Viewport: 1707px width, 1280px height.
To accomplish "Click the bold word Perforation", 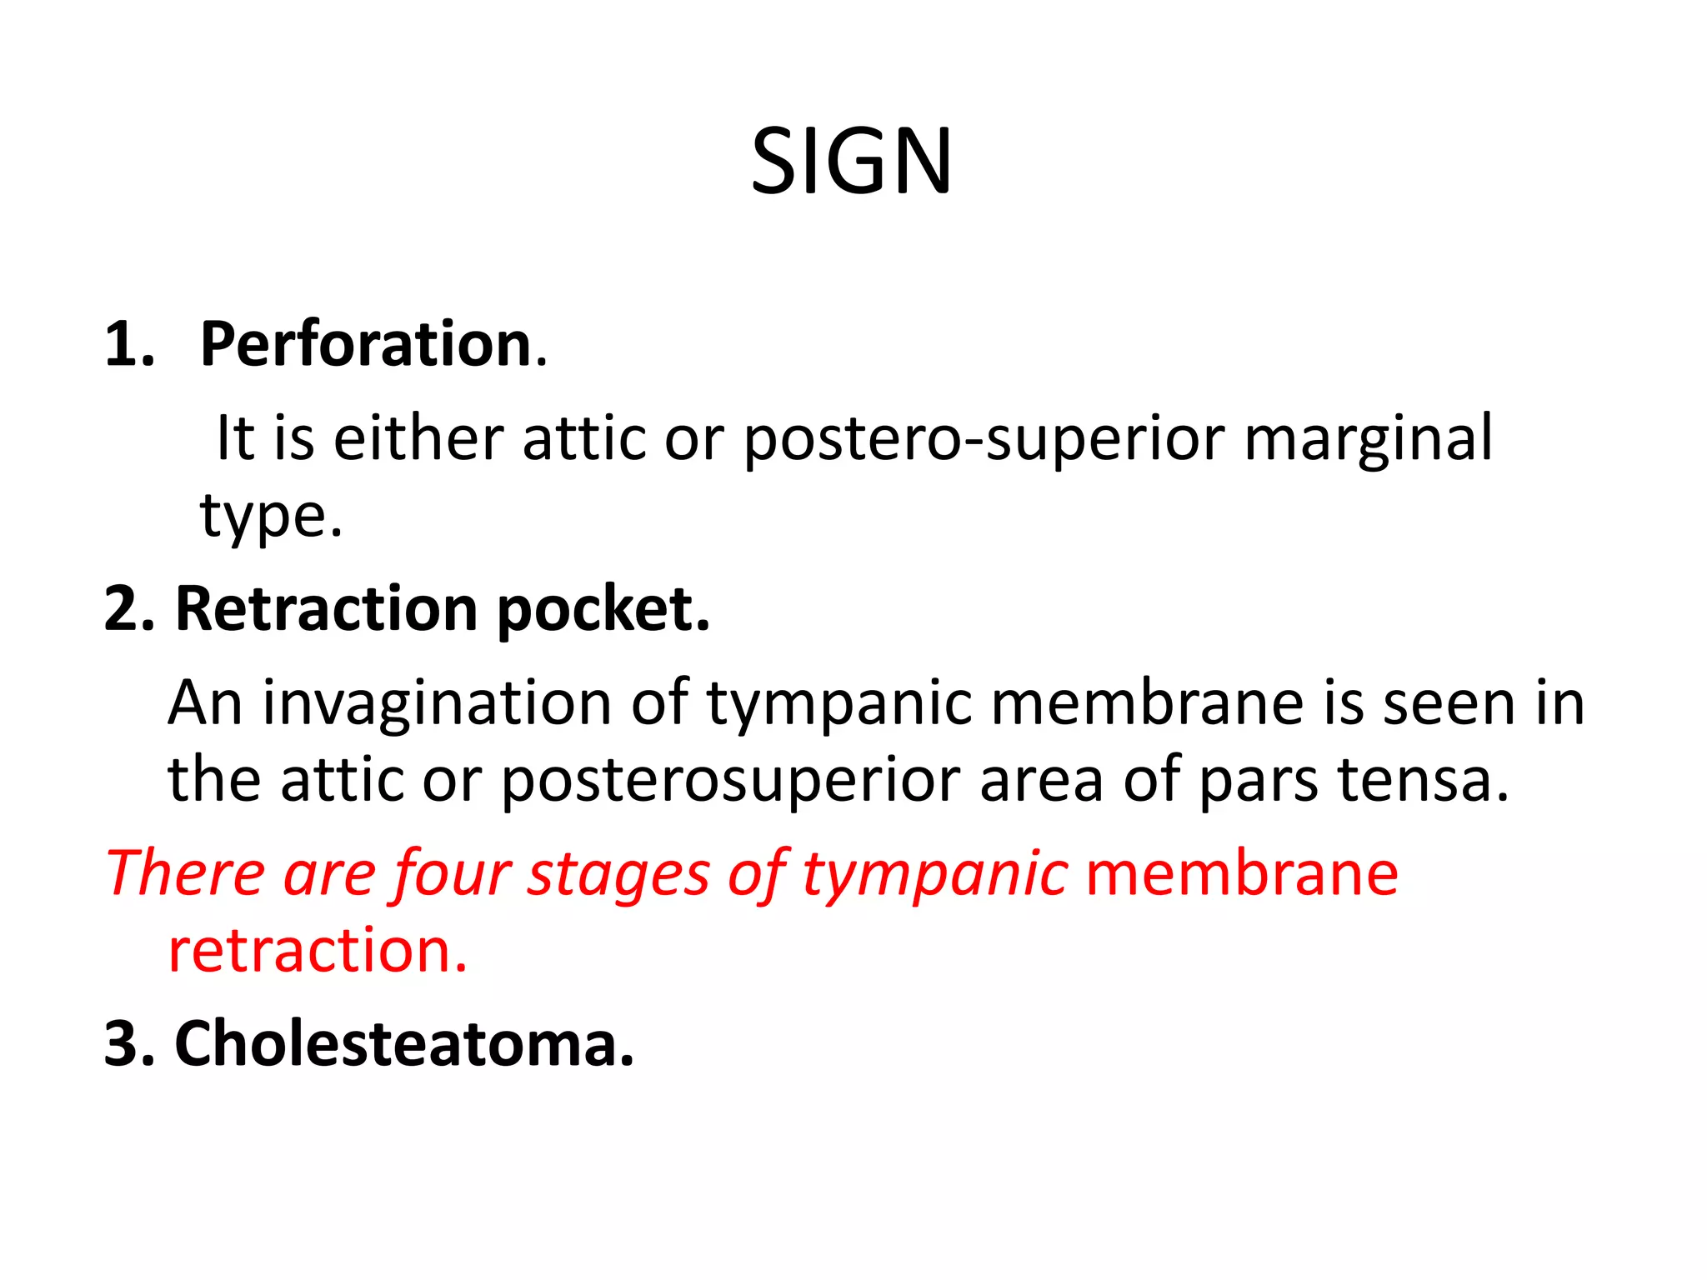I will pos(366,344).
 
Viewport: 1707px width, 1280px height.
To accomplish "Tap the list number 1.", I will pos(129,344).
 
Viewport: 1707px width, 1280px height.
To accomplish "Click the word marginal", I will pos(1368,440).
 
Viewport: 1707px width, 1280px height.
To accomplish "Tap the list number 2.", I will pos(129,609).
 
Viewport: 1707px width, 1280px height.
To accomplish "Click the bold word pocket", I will pos(603,611).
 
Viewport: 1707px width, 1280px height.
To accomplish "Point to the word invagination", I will pos(438,704).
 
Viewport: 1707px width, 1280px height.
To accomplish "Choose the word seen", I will pos(1451,704).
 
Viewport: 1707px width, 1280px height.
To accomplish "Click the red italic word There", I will pos(186,874).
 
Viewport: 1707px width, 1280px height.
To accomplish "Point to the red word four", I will pos(451,874).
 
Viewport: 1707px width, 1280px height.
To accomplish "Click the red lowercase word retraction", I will pos(318,951).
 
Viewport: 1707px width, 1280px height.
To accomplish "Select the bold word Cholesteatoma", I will pos(404,1043).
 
